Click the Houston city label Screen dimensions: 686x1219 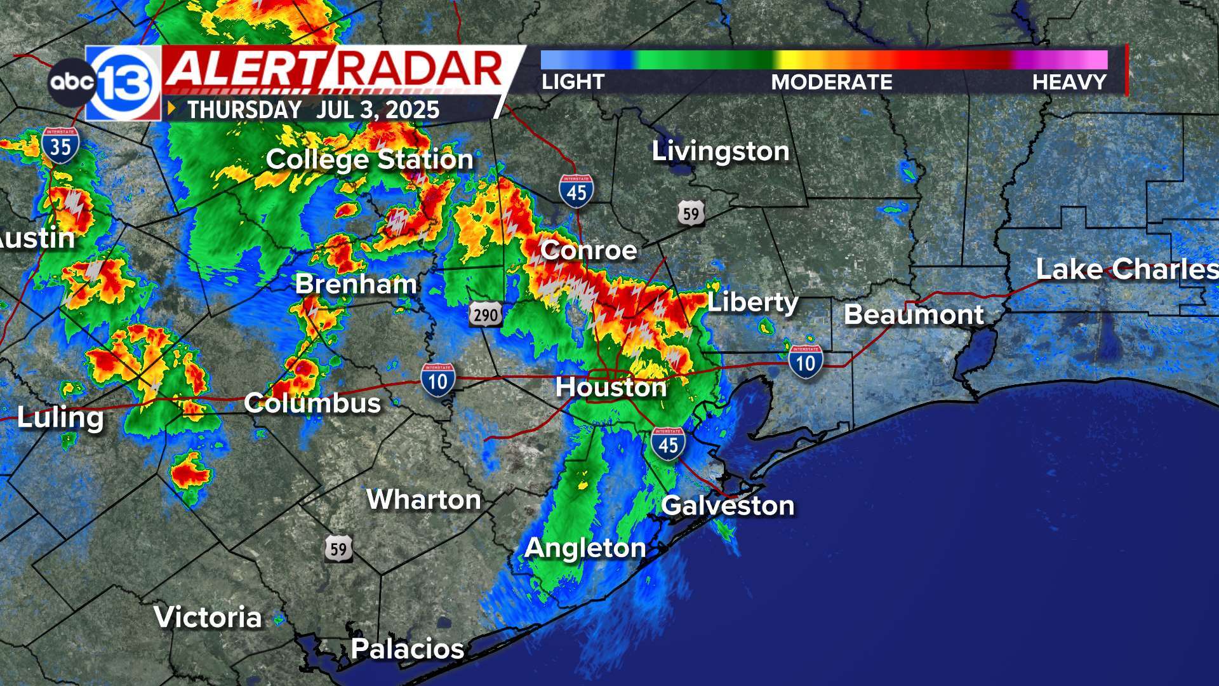point(611,387)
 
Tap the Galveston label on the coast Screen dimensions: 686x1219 point(728,506)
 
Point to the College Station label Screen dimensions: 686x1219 point(370,159)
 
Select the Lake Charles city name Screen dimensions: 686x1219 point(1127,269)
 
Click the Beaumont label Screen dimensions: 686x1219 point(914,315)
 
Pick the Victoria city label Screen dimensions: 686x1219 point(208,617)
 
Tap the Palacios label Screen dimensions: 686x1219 point(408,649)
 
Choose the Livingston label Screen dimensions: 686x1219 point(721,151)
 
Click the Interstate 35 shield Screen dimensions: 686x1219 point(61,145)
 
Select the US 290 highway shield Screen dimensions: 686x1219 point(486,314)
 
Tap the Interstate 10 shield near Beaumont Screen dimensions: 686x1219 point(806,362)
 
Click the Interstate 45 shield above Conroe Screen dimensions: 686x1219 point(576,191)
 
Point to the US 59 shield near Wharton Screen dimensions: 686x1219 point(338,549)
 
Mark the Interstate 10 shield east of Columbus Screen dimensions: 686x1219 point(438,380)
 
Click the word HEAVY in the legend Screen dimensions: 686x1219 point(1069,82)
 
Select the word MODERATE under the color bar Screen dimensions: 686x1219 point(832,82)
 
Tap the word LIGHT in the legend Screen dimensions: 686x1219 point(573,82)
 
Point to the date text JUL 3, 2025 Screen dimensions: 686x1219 point(378,110)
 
